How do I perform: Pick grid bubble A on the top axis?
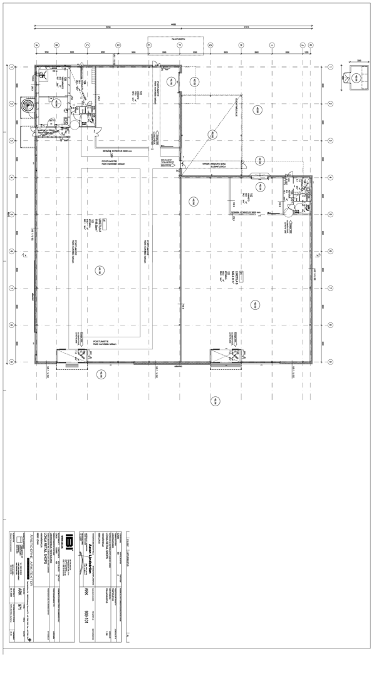point(36,45)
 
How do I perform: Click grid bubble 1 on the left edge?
point(12,66)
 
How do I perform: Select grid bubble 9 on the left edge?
point(12,362)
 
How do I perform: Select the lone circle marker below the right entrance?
point(216,401)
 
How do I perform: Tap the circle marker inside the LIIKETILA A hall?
point(98,270)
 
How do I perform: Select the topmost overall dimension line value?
point(173,24)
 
